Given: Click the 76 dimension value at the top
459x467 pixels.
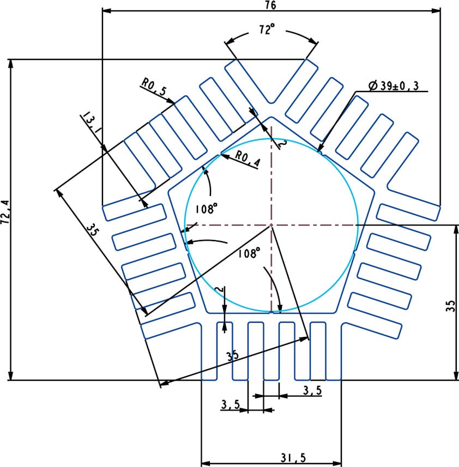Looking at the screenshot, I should click(271, 5).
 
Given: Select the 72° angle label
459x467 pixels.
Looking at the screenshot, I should click(267, 31).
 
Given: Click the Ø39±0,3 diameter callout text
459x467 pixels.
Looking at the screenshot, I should click(397, 85).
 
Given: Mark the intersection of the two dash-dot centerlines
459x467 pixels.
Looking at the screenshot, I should click(271, 225).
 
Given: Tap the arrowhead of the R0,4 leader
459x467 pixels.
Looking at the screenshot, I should click(222, 153).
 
